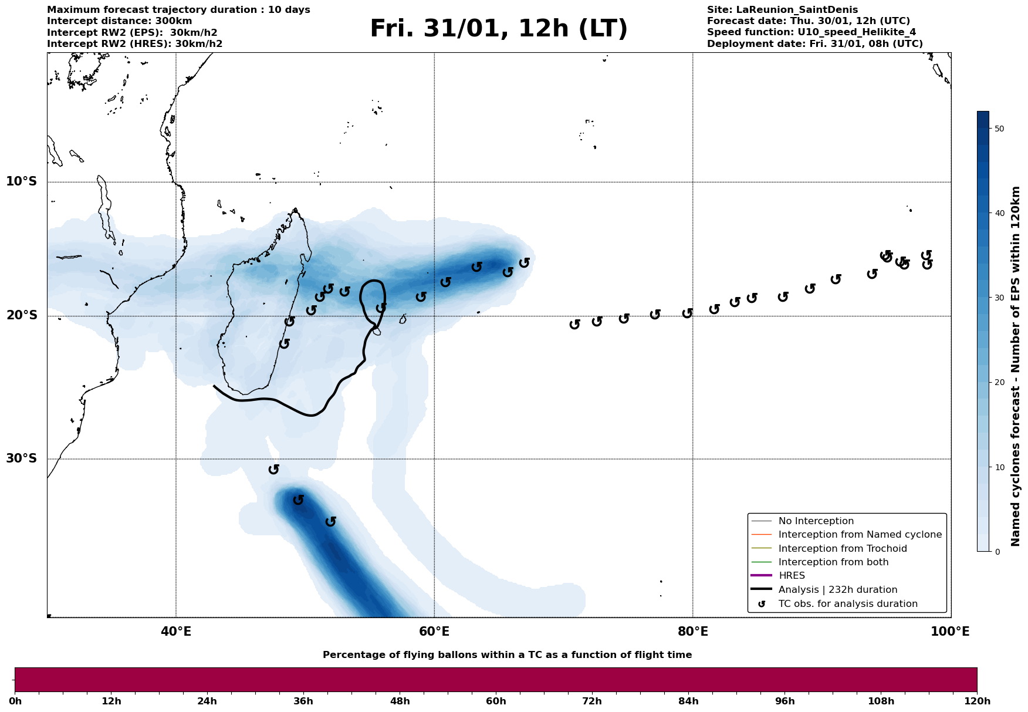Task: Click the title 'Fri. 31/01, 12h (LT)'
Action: click(x=498, y=29)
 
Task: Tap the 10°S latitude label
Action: click(x=22, y=181)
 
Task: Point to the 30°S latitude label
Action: click(x=22, y=458)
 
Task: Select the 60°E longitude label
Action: click(x=434, y=632)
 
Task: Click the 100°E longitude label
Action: click(x=950, y=632)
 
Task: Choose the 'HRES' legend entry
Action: click(x=792, y=576)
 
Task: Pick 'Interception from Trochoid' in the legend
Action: click(x=842, y=549)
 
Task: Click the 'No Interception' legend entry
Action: click(x=816, y=521)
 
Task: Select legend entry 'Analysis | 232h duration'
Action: click(x=837, y=590)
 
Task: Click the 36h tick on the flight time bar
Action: click(x=303, y=701)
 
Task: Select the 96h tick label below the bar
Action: click(x=784, y=701)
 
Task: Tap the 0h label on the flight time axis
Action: click(x=15, y=701)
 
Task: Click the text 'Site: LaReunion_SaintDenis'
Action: click(x=782, y=10)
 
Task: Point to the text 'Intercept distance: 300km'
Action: click(x=119, y=21)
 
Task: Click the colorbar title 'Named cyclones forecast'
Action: click(x=1016, y=366)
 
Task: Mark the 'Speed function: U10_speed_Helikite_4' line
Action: click(x=811, y=32)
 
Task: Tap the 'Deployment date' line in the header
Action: click(x=814, y=44)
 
